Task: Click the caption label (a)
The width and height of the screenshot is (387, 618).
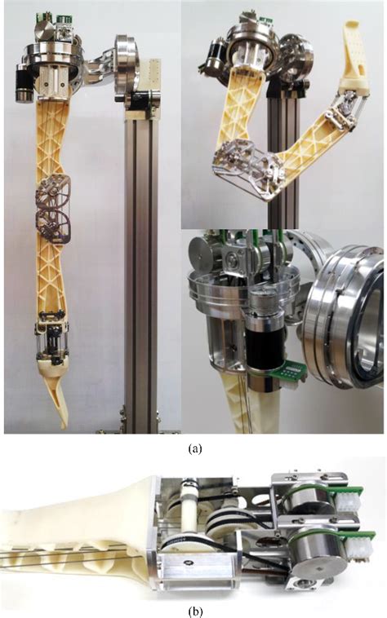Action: coord(193,448)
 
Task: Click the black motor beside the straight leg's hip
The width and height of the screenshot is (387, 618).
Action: coord(24,82)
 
